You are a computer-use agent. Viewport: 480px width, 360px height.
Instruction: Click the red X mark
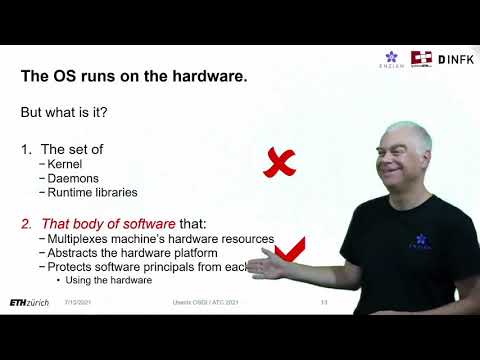tap(280, 162)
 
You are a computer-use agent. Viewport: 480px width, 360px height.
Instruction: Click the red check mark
tap(291, 249)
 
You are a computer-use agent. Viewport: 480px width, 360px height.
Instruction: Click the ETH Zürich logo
tap(31, 302)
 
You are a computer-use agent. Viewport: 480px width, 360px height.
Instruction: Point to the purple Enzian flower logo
tap(394, 56)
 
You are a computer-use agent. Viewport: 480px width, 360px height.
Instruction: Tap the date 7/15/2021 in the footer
tap(79, 302)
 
